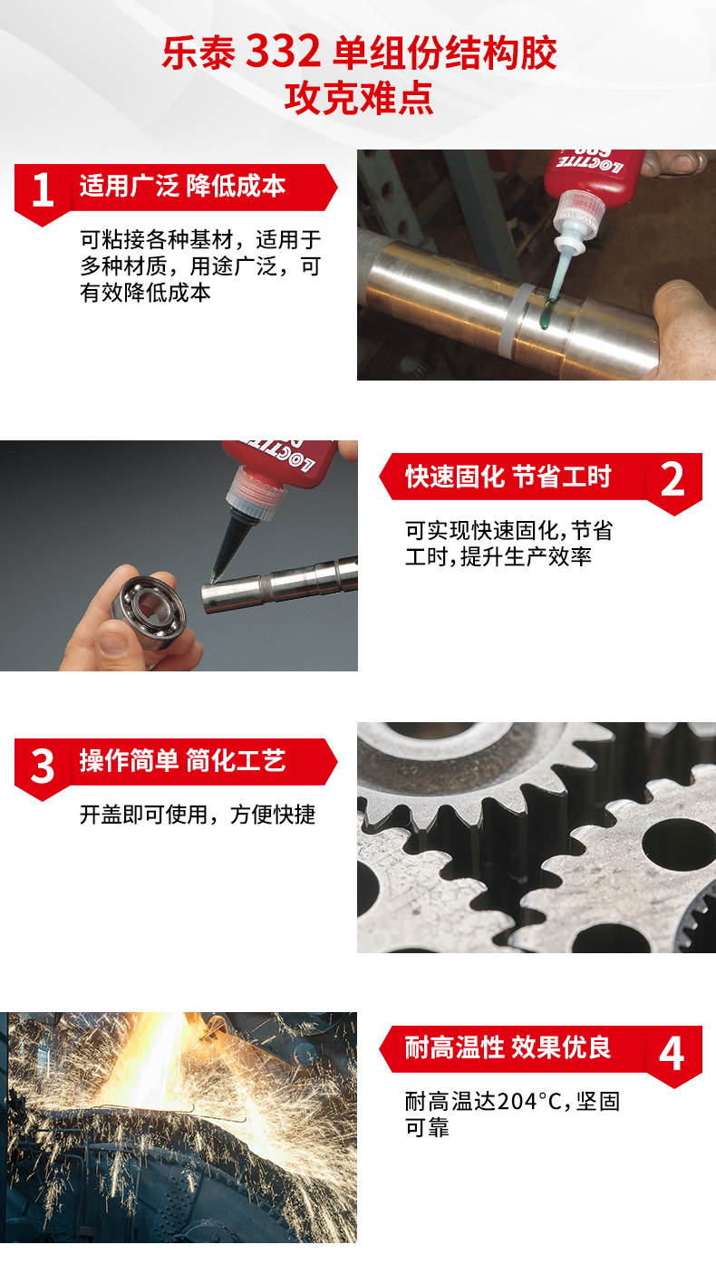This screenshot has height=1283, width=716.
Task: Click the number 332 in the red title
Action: coord(283,53)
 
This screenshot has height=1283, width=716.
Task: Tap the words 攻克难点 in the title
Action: coord(359,99)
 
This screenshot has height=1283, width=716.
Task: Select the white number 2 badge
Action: coord(672,479)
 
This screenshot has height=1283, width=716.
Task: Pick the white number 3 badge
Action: coord(43,767)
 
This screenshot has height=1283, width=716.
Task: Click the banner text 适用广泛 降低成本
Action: coord(182,186)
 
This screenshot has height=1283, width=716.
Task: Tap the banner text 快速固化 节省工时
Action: coord(508,477)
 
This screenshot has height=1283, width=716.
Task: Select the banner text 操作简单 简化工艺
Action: coord(182,760)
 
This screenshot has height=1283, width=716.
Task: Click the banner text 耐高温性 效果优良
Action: coord(508,1047)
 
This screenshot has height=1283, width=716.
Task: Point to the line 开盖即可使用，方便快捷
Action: coord(198,815)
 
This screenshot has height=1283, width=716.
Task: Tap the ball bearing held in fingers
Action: coord(150,611)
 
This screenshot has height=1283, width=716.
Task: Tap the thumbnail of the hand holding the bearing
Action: coord(112,645)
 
